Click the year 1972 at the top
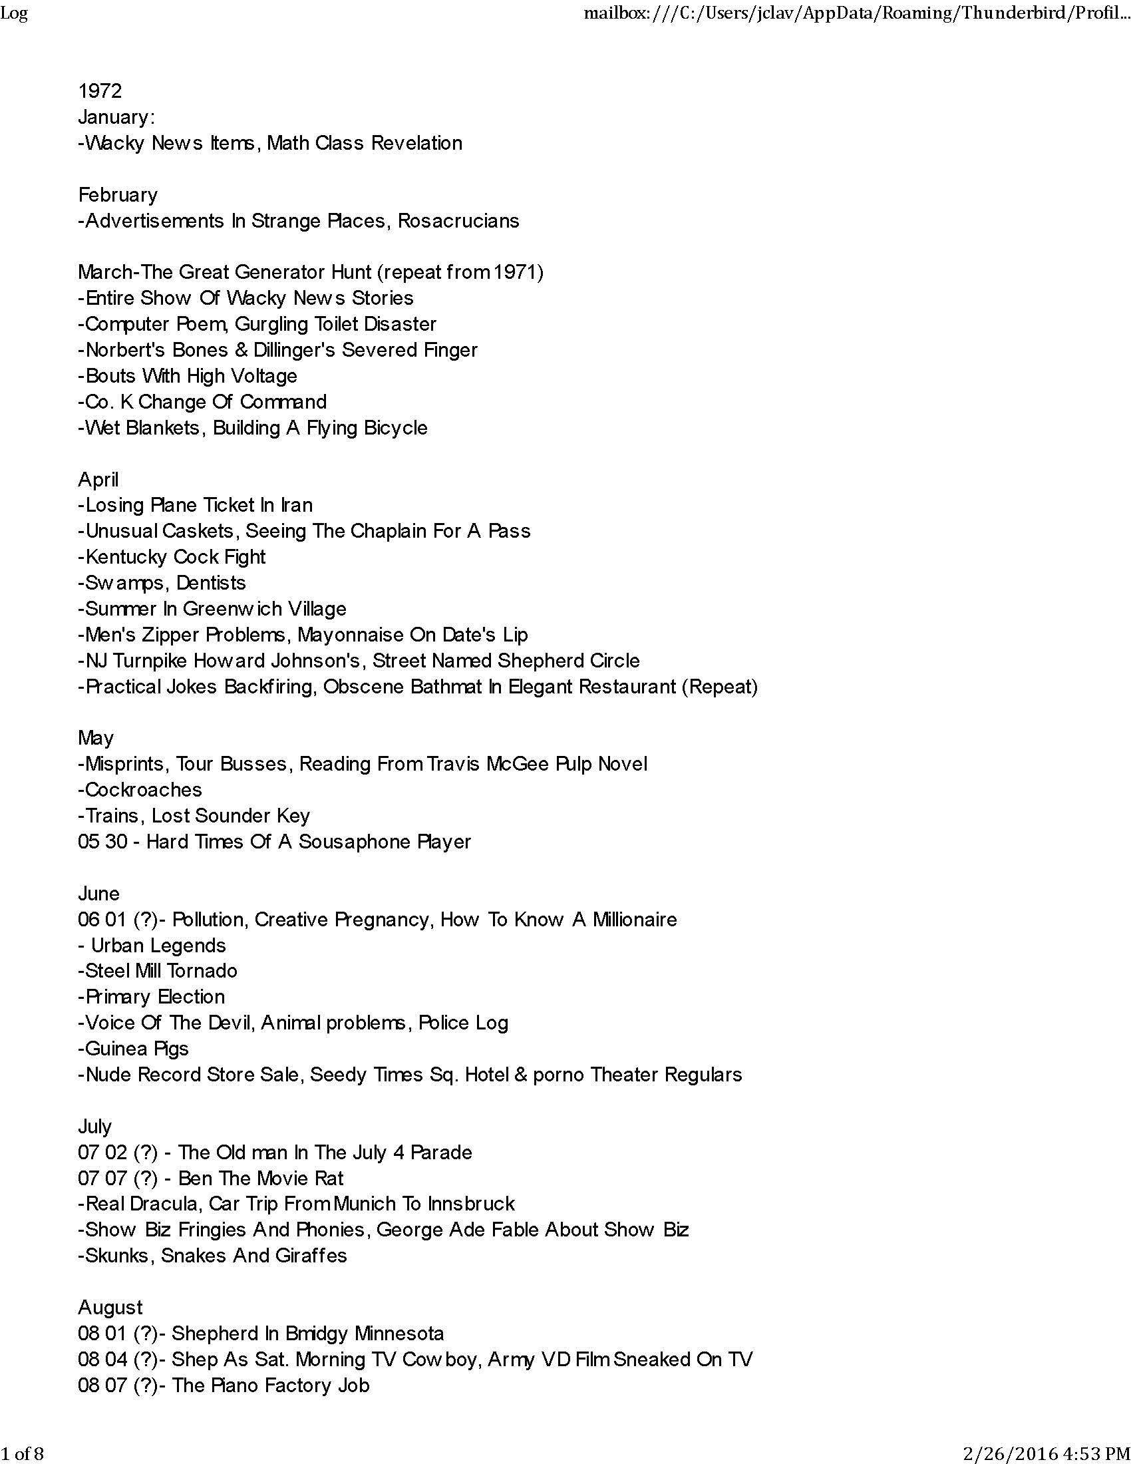tap(100, 91)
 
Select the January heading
tap(116, 117)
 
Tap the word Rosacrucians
tap(458, 221)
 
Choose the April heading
tap(98, 479)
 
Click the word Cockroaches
tap(144, 790)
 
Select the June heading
tap(98, 894)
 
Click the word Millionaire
tap(635, 920)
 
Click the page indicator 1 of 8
tap(22, 1453)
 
